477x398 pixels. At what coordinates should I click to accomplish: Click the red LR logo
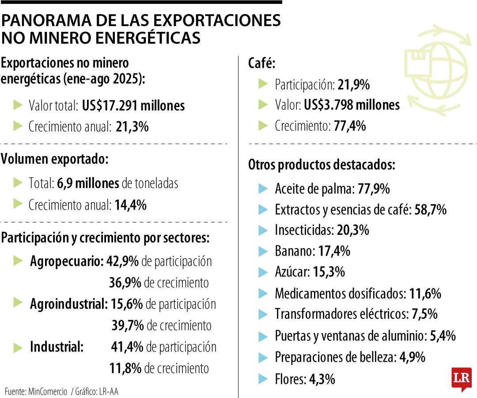coord(461,379)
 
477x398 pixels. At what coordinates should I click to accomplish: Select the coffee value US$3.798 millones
coord(351,105)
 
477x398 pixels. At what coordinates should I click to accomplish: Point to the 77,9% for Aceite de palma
coord(373,189)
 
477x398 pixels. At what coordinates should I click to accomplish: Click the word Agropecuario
coord(67,261)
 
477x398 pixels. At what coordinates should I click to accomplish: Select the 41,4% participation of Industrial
coord(127,347)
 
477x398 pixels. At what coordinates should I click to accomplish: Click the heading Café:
coord(261,64)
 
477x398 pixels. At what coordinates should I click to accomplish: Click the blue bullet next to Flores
coord(263,379)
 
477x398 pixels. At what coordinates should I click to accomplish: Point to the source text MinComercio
coord(47,391)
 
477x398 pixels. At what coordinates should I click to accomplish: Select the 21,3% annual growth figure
coord(132,127)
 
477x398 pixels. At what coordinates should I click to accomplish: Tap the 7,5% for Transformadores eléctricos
coord(424,314)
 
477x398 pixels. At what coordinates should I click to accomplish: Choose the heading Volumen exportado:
coord(54,159)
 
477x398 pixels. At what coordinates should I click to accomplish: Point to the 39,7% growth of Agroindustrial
coord(128,326)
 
